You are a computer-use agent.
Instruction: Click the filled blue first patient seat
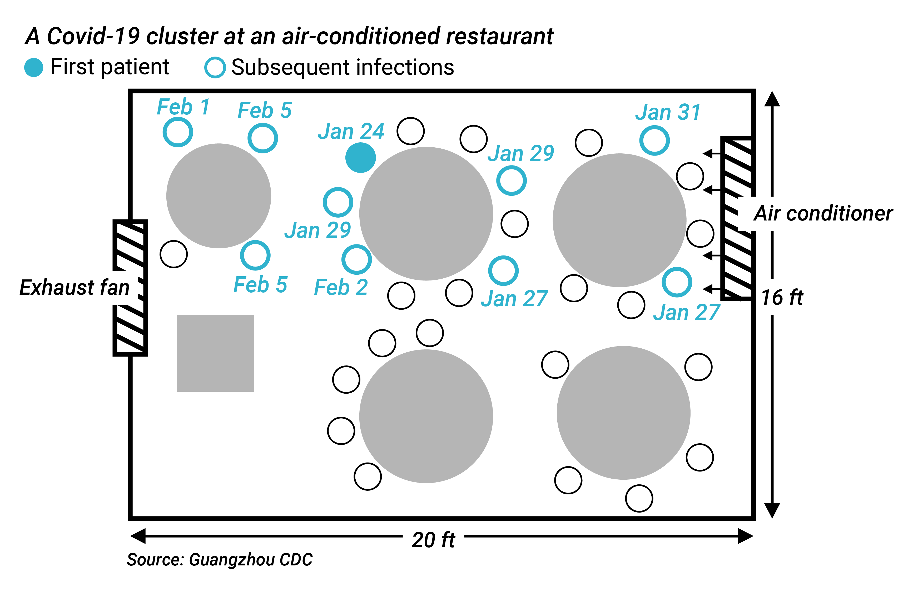pos(360,158)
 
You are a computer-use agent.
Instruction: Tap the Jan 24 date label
pos(351,132)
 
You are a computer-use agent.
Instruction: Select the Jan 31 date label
pos(668,112)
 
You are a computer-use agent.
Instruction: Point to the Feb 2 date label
pos(341,287)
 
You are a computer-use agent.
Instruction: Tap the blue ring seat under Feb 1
pos(178,132)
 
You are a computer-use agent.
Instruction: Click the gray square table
pos(215,353)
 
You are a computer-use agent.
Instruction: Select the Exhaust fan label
pos(75,288)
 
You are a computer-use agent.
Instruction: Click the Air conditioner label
pos(823,214)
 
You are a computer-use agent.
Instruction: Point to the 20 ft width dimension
pos(433,540)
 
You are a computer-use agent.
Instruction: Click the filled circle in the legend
pos(34,67)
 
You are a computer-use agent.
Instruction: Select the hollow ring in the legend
pos(215,67)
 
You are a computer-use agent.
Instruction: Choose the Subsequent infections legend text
pos(343,67)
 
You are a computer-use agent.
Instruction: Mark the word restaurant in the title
pos(499,36)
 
